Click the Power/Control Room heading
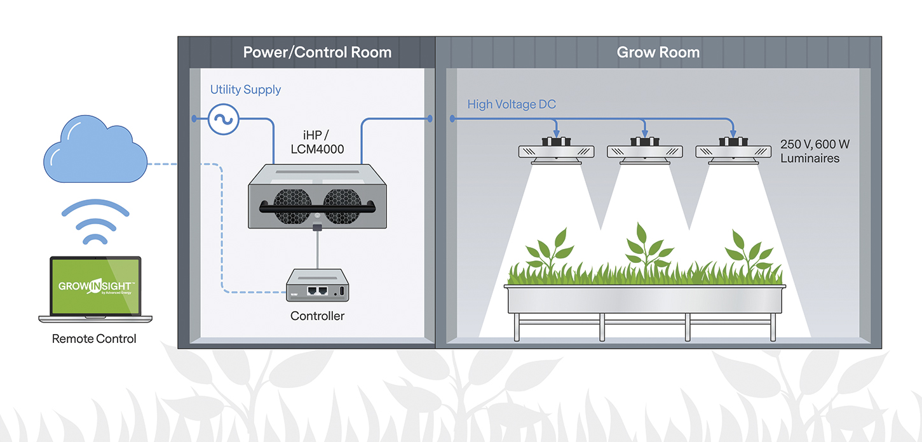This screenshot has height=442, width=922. pos(317,52)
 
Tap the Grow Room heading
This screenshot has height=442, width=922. pos(658,52)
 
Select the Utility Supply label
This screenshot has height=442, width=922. pos(245,90)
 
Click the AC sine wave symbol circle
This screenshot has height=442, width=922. pos(223,119)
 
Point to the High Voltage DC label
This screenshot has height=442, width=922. pos(512,104)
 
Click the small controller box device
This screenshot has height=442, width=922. pos(316,285)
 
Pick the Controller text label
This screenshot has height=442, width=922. pos(317,316)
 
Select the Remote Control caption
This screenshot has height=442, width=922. pos(94,338)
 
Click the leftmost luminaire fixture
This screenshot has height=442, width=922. pos(557,152)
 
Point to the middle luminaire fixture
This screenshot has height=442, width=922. pos(645,152)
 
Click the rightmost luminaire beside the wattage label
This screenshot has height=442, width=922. pos(734,152)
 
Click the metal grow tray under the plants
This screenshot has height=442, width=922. pos(644,299)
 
